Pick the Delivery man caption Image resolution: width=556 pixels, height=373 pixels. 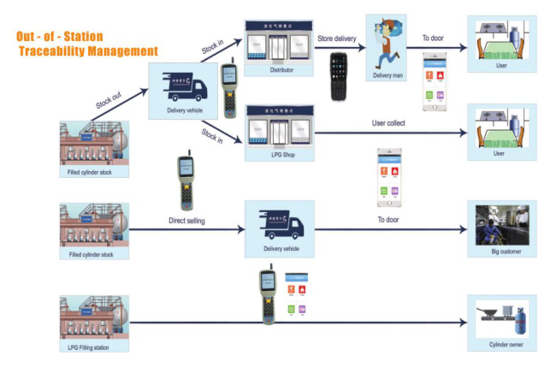point(387,75)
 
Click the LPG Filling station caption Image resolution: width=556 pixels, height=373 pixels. point(94,347)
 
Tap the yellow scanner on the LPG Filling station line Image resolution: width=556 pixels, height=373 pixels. point(267,296)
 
